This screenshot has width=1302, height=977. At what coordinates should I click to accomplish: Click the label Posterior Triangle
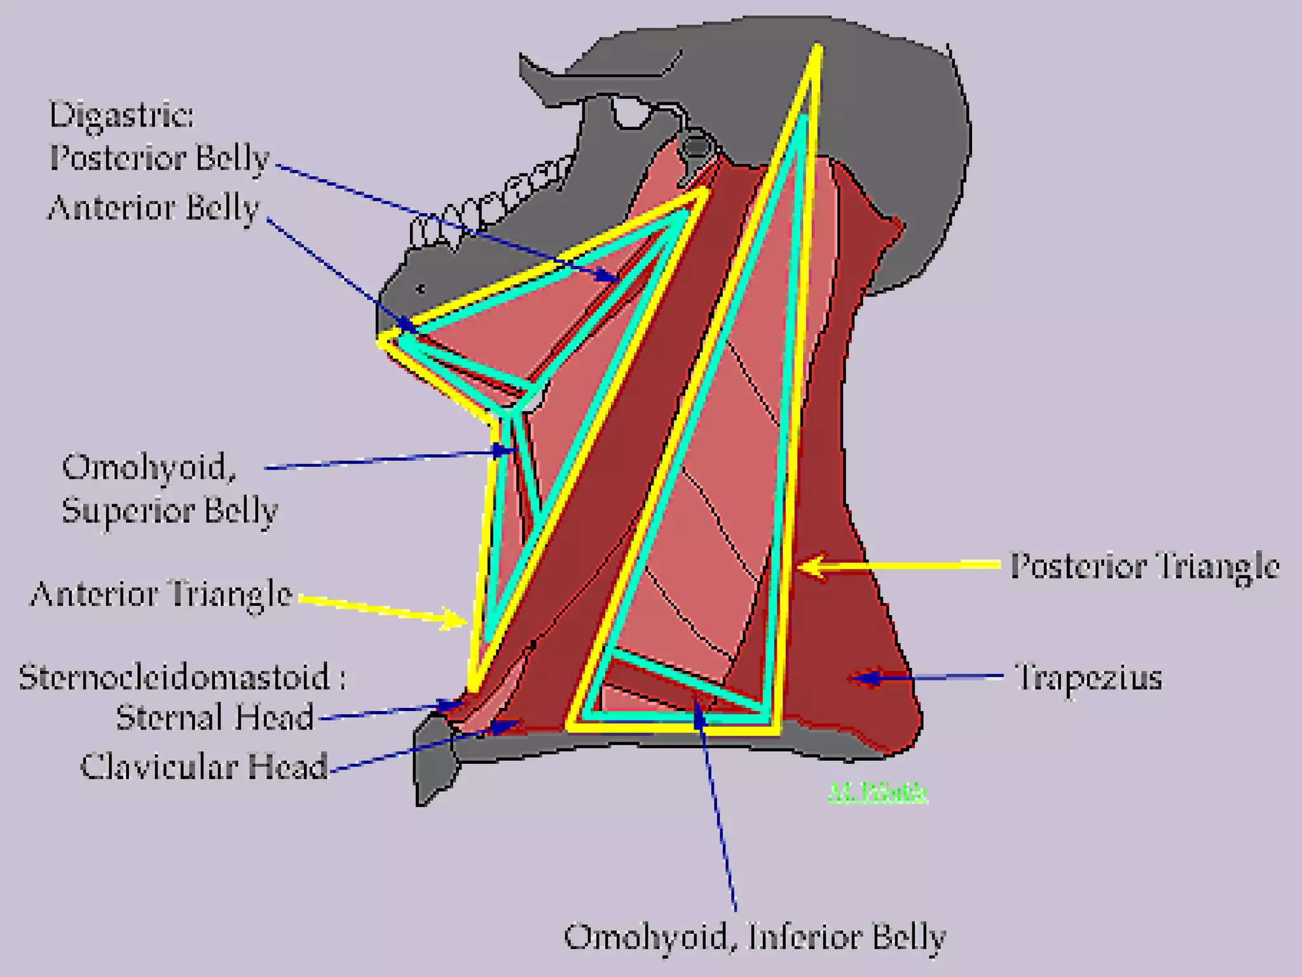tap(1144, 565)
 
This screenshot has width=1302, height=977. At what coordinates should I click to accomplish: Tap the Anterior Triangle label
tap(161, 595)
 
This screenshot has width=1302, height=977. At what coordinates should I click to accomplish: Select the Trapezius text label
tap(1088, 677)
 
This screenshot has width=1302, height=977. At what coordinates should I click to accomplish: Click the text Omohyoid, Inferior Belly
tap(755, 937)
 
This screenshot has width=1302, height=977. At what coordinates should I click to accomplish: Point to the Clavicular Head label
tap(204, 766)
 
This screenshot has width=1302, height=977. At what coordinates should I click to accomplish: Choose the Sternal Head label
tap(215, 717)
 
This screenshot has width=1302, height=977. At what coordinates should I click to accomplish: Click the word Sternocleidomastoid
tap(174, 677)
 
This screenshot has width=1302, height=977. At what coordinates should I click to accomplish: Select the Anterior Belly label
tap(154, 208)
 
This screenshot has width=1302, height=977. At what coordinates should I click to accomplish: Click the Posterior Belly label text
tap(160, 158)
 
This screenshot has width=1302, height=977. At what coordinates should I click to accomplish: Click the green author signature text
tap(877, 793)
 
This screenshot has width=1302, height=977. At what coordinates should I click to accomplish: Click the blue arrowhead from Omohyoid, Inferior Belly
tap(699, 709)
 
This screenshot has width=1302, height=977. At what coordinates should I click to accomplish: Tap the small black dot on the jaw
tap(420, 289)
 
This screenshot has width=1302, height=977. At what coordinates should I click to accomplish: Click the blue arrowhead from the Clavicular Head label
tap(509, 725)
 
